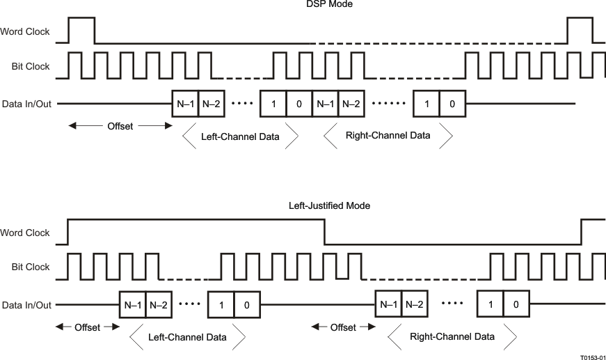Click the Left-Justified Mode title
[x=329, y=206]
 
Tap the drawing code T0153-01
[x=592, y=354]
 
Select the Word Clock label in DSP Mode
[x=25, y=31]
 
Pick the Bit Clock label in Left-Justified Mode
[x=31, y=267]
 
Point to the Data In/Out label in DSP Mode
[x=26, y=104]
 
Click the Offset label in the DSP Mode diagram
[x=120, y=126]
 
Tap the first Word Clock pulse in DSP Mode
[x=81, y=30]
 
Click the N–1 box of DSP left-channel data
[x=185, y=104]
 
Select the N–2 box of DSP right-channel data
[x=352, y=104]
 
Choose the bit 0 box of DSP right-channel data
[x=452, y=104]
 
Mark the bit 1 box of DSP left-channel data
[x=273, y=104]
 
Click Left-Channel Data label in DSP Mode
[x=240, y=136]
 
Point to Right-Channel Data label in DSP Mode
[x=388, y=136]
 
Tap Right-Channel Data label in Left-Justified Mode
[x=452, y=336]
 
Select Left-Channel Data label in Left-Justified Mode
[x=188, y=337]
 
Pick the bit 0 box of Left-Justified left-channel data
[x=246, y=304]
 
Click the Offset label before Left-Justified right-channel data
[x=343, y=327]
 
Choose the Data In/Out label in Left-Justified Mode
[x=26, y=304]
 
